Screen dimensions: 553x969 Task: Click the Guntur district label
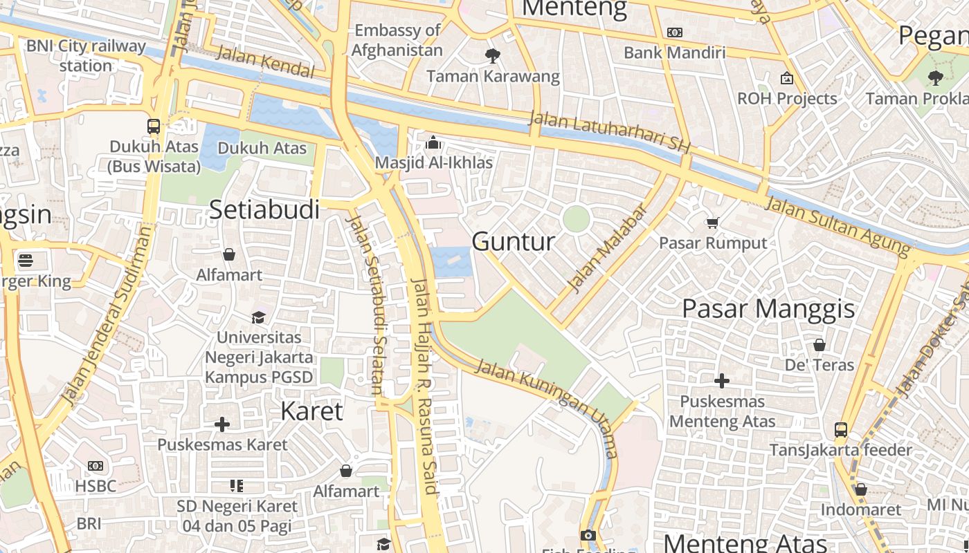(x=513, y=241)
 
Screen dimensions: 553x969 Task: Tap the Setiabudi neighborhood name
(x=264, y=209)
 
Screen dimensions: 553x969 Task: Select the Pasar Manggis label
(x=768, y=308)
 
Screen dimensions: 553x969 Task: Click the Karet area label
(x=311, y=411)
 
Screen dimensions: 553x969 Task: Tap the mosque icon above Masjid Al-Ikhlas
(x=433, y=142)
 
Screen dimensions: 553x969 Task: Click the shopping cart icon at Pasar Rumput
(x=712, y=223)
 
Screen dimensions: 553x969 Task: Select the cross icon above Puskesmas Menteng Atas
(x=722, y=381)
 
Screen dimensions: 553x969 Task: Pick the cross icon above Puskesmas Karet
(x=222, y=424)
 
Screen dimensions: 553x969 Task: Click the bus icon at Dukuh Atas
(x=154, y=126)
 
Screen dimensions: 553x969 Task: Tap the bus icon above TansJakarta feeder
(x=841, y=430)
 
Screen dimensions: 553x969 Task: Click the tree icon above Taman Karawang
(x=493, y=55)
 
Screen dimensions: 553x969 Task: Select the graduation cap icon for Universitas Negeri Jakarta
(x=259, y=317)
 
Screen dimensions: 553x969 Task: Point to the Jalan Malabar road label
(x=607, y=247)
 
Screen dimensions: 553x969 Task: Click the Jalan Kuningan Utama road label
(x=547, y=408)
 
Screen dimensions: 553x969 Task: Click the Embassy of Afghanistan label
(x=397, y=40)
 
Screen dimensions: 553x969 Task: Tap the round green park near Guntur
(x=576, y=219)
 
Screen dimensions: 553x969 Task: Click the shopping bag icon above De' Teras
(x=819, y=344)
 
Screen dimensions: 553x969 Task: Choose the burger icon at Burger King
(x=26, y=261)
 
